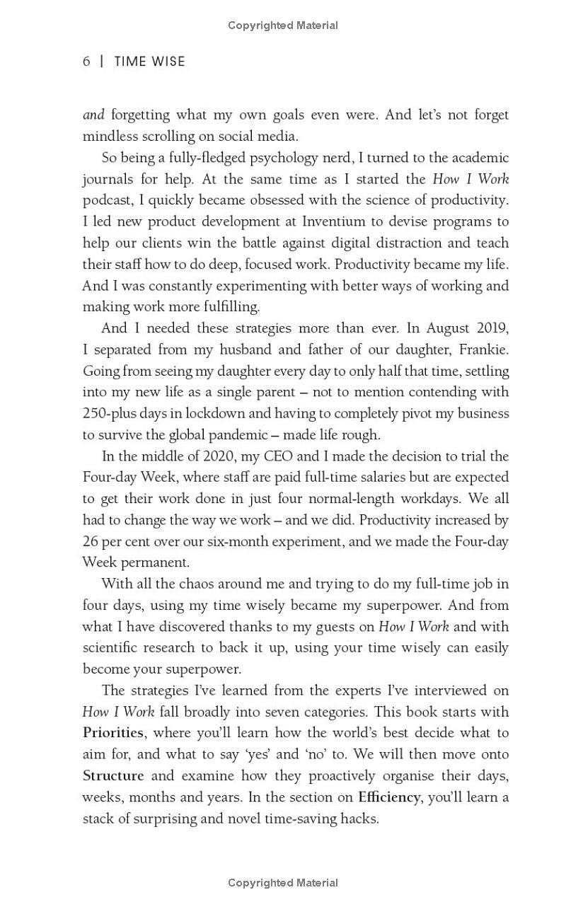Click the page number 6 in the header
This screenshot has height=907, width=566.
pos(86,62)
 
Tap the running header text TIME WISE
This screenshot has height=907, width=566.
pos(149,62)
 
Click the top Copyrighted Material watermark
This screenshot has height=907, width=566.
pos(283,25)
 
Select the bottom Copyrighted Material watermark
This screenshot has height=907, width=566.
pos(283,883)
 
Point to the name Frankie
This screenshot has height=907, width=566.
pos(483,349)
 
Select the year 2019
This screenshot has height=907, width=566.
pos(492,328)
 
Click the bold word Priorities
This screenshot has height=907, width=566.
pos(113,733)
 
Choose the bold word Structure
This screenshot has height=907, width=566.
pos(113,775)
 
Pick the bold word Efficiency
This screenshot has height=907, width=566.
pos(389,797)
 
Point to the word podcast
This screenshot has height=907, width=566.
pos(106,200)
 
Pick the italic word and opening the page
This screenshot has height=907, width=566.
pos(93,115)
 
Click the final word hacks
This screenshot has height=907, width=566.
pos(359,819)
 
